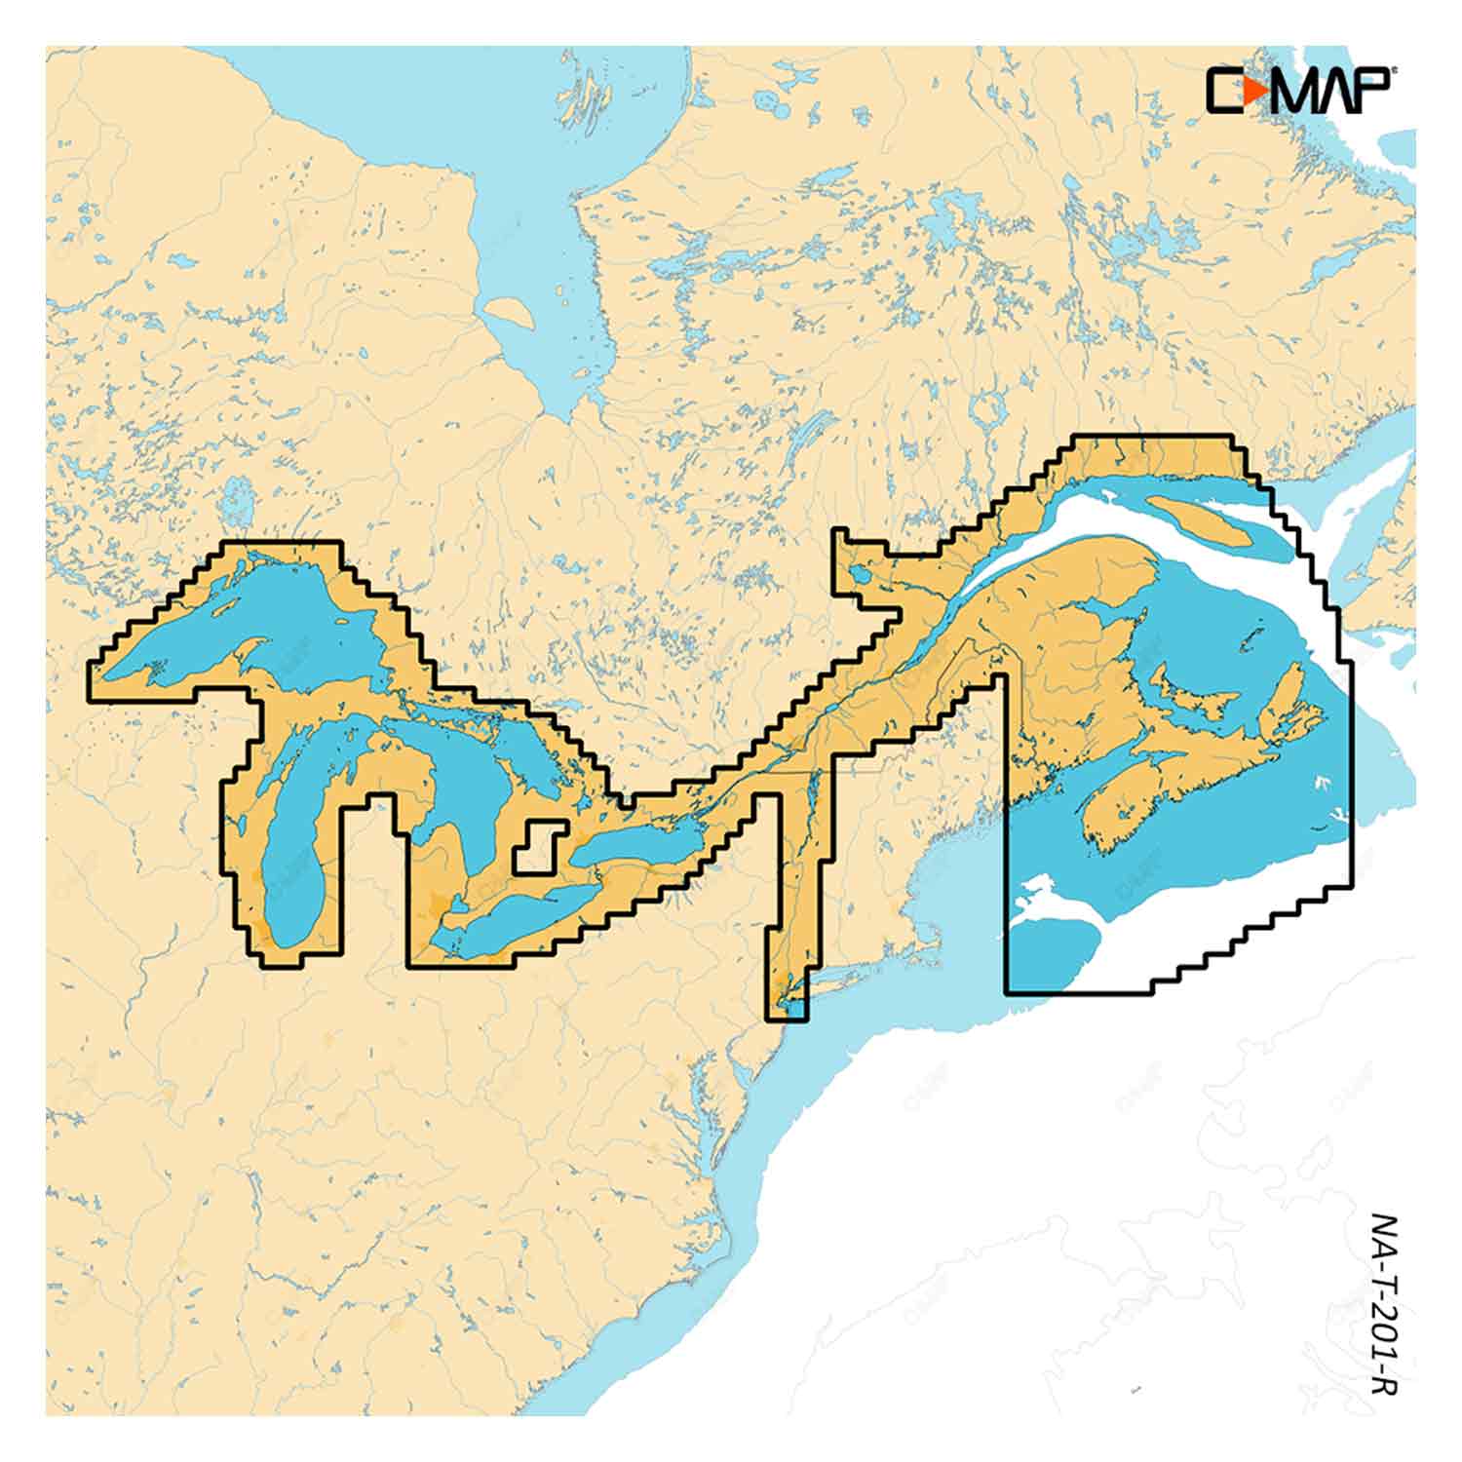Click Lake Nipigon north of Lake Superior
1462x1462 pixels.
tap(234, 502)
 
